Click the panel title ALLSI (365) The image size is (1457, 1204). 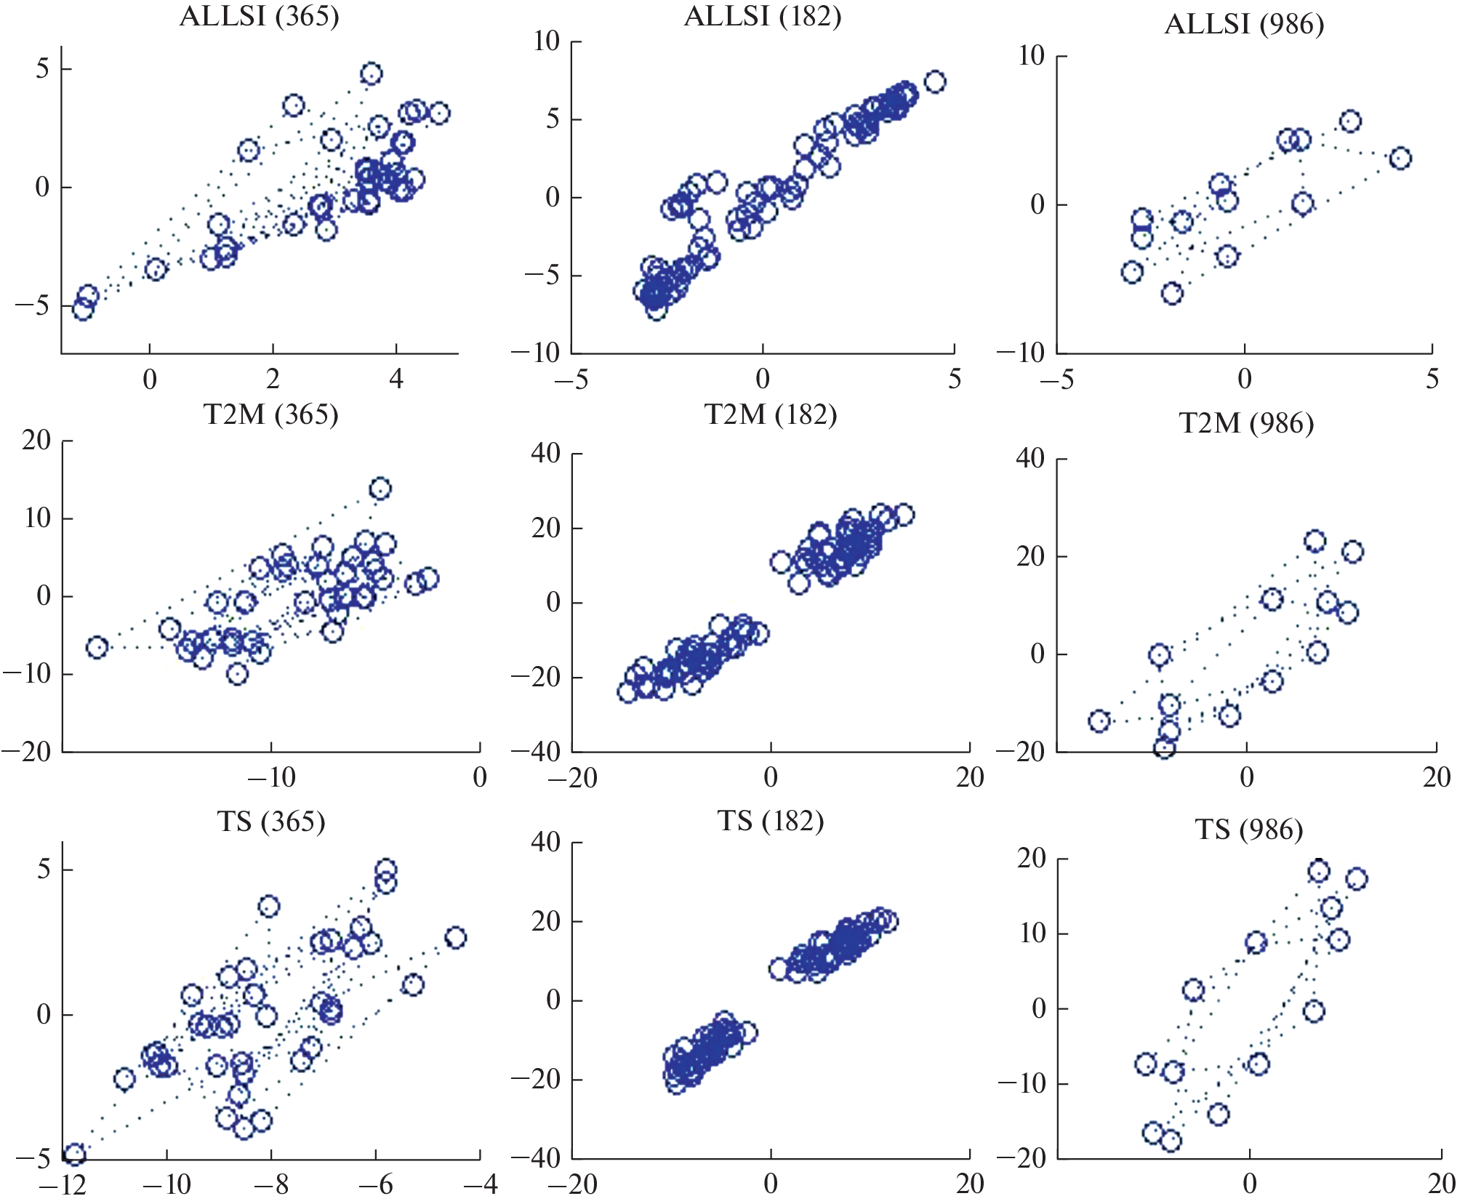point(259,16)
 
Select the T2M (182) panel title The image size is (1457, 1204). point(771,414)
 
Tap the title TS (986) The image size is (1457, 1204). point(1249,830)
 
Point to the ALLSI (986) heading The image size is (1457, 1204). point(1244,25)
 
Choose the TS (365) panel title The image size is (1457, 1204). point(270,822)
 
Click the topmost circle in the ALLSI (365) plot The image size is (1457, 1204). point(372,73)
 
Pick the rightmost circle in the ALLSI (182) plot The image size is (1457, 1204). point(935,82)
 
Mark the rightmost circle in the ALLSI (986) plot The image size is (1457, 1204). point(1400,158)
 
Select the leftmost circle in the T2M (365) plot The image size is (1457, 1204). point(97,647)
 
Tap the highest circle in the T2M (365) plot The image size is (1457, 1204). point(380,489)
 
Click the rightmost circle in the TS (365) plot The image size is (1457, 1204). point(456,938)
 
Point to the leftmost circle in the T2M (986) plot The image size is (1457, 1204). point(1099,721)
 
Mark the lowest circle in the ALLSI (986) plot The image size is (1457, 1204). point(1172,294)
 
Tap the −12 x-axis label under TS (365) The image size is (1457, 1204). point(63,1185)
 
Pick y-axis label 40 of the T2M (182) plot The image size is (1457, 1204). point(545,454)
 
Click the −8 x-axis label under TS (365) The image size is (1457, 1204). point(271,1185)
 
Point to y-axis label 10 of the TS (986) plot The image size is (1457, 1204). point(1032,934)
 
